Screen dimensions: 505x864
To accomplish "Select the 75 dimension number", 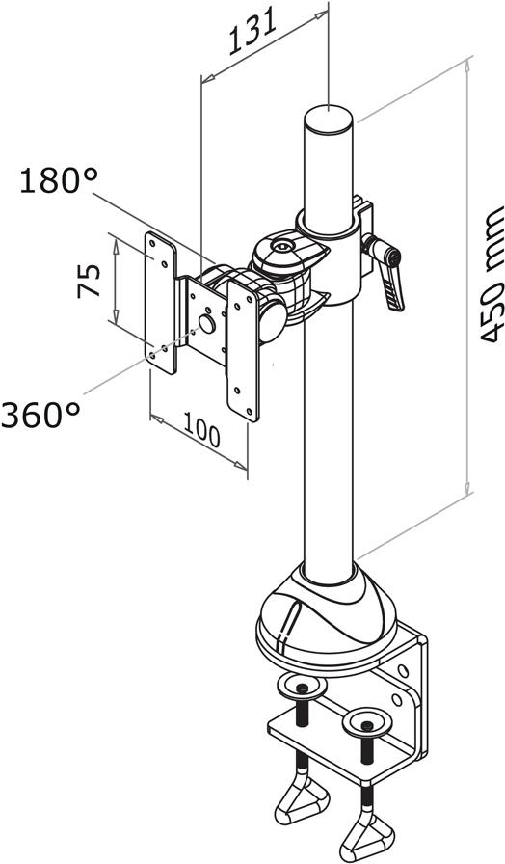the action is [89, 281].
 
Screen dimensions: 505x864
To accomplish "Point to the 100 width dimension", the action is [201, 429].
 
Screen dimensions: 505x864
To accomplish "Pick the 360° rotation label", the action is [40, 415].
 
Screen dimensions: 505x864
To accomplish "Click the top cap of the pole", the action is [329, 119].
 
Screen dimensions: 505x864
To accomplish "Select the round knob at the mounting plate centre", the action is [207, 323].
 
